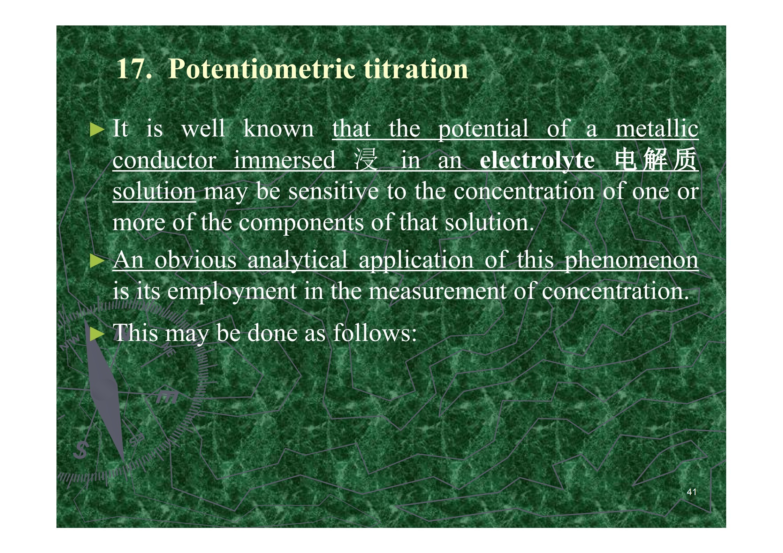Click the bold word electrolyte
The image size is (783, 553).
(x=537, y=161)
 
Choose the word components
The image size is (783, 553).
(x=301, y=224)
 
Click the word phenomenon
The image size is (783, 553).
(x=631, y=261)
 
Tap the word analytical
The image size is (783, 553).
(x=297, y=261)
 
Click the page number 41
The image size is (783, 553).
(x=691, y=492)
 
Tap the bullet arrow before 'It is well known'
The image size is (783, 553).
(x=97, y=130)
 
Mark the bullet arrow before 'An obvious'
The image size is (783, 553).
(x=97, y=261)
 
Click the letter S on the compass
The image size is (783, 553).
(x=81, y=450)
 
